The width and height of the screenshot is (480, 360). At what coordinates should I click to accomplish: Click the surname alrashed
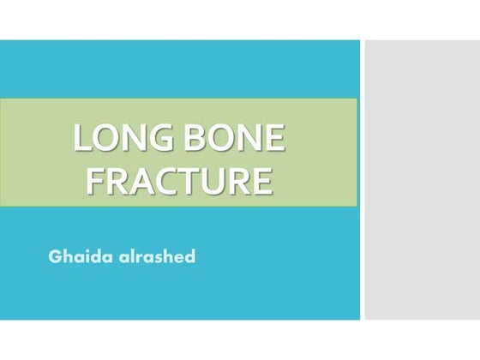[x=153, y=256]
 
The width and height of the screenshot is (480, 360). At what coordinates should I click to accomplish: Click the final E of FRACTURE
[x=265, y=181]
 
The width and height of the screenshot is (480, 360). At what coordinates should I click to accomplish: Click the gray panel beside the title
[x=420, y=180]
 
